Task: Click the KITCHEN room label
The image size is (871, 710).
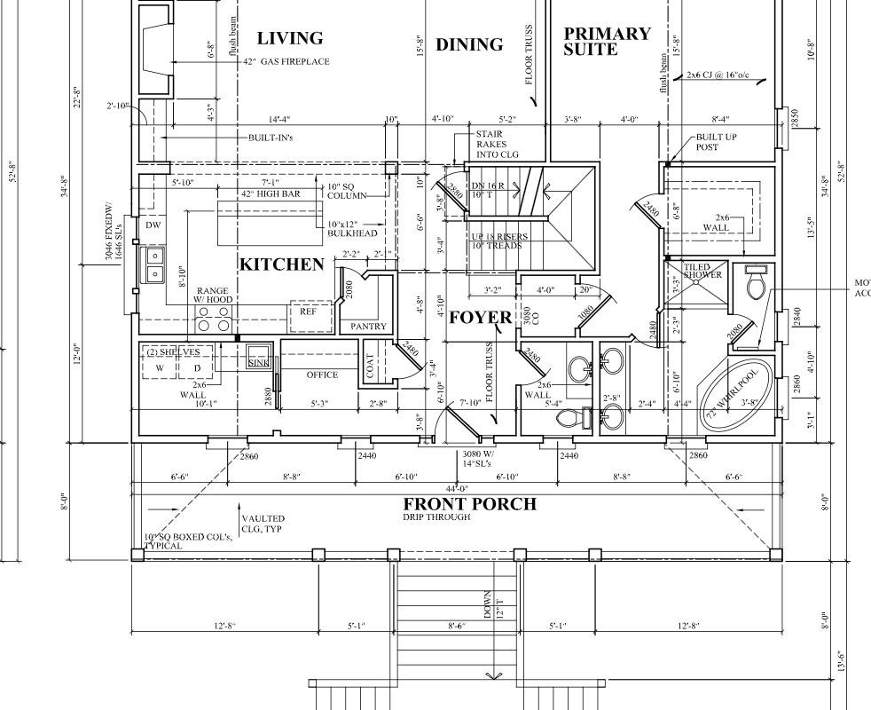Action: tap(281, 264)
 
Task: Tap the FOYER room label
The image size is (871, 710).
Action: tap(480, 318)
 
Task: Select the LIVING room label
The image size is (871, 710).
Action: tap(289, 38)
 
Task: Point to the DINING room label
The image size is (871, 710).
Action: tap(469, 44)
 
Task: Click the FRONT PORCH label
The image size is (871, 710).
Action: tap(469, 504)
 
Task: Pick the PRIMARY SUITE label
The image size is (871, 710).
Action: tap(607, 42)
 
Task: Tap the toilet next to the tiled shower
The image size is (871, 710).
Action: tap(757, 284)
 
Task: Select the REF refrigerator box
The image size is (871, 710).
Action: tap(308, 312)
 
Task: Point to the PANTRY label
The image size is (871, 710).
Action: tap(368, 327)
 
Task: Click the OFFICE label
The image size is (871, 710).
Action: tap(322, 375)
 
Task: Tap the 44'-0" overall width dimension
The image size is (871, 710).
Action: tap(457, 489)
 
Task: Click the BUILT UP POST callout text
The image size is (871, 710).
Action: tap(716, 143)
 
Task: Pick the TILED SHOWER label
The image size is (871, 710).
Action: tap(702, 271)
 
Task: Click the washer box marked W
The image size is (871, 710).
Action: tap(161, 367)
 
